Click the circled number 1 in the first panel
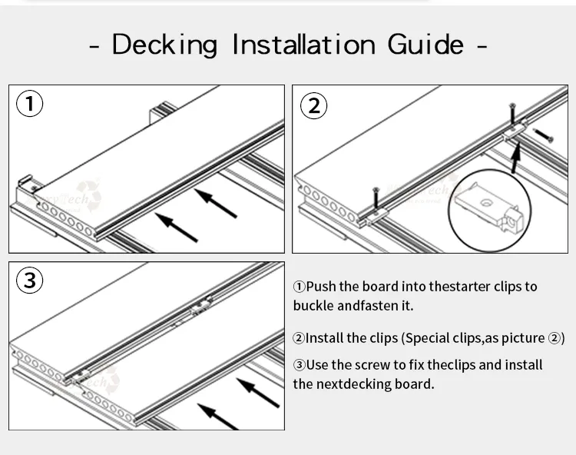point(30,104)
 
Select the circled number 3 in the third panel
point(30,281)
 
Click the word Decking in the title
point(165,45)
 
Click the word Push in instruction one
point(322,287)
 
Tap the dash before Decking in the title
point(95,48)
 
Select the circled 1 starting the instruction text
point(299,287)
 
